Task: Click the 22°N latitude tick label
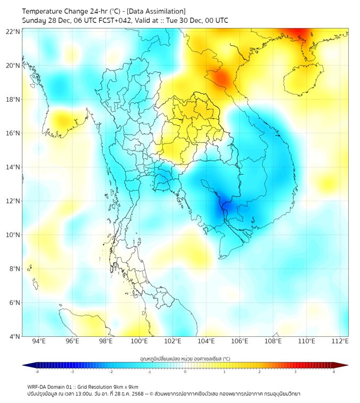13,31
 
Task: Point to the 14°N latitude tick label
13,167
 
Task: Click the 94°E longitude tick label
39,341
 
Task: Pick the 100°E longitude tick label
140,341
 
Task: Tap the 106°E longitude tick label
240,341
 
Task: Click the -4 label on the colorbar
36,372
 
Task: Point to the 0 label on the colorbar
185,372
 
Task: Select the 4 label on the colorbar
334,372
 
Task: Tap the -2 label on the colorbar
111,372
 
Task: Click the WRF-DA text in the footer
38,386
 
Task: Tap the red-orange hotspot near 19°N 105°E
222,79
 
